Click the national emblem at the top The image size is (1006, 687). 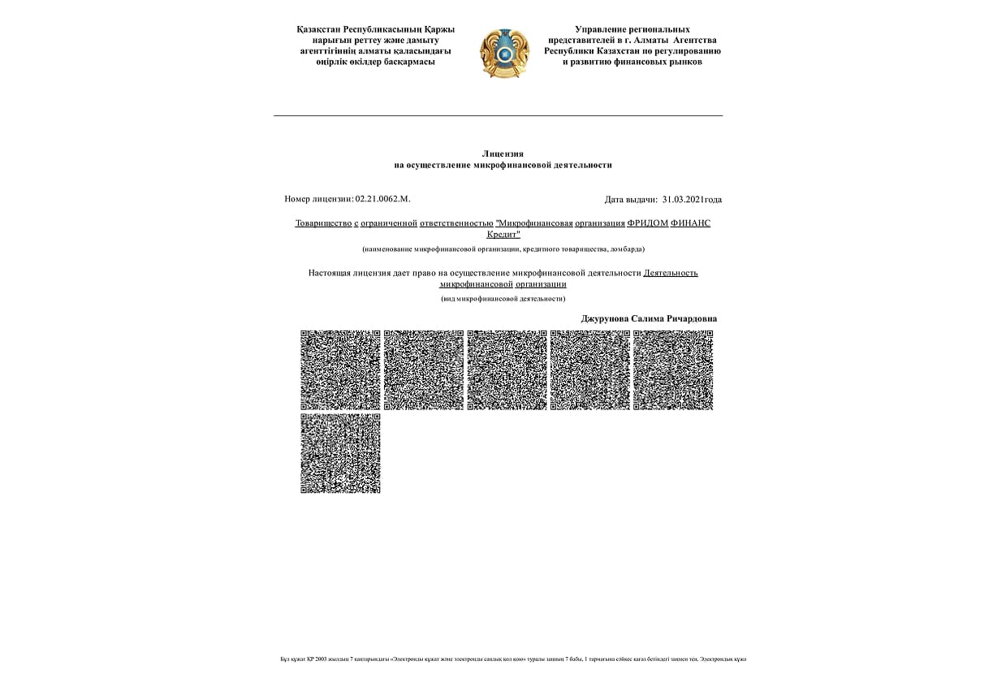click(504, 53)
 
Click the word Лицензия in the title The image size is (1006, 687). click(503, 153)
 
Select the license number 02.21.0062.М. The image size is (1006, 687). click(383, 199)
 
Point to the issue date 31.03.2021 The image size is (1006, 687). click(683, 200)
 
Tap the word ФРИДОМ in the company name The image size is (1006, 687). click(647, 223)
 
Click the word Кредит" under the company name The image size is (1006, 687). click(503, 235)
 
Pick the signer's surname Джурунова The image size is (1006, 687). click(606, 319)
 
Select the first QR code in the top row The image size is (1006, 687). click(340, 369)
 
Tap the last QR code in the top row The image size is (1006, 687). click(673, 369)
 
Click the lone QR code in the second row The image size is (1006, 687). click(340, 453)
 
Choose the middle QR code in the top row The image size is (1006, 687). click(507, 369)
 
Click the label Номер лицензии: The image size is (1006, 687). click(319, 199)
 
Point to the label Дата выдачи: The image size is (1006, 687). click(631, 200)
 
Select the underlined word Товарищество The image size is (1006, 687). click(323, 223)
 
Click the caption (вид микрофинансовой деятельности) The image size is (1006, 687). click(503, 299)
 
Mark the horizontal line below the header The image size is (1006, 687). click(498, 116)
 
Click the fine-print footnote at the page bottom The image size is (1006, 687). click(512, 659)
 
